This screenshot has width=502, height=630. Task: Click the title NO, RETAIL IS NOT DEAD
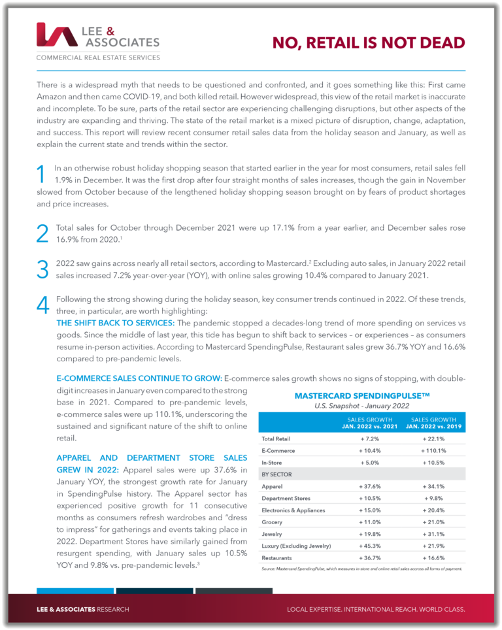[x=369, y=43]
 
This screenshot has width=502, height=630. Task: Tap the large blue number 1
[x=41, y=175]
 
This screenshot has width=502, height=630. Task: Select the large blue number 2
[x=42, y=233]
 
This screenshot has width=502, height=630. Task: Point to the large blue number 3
[x=42, y=269]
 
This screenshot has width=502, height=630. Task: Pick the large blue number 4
[x=42, y=305]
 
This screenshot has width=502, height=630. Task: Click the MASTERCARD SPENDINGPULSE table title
[x=361, y=396]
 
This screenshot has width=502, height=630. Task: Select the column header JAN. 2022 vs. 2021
[x=369, y=426]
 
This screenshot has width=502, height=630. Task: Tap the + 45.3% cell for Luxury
[x=369, y=546]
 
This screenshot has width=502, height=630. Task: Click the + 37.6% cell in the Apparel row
[x=369, y=486]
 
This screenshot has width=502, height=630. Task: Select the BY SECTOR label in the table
[x=277, y=474]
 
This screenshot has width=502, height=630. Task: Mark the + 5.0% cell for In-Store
[x=369, y=462]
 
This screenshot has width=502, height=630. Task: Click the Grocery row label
[x=272, y=522]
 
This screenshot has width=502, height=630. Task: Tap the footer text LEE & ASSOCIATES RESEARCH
[x=83, y=609]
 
